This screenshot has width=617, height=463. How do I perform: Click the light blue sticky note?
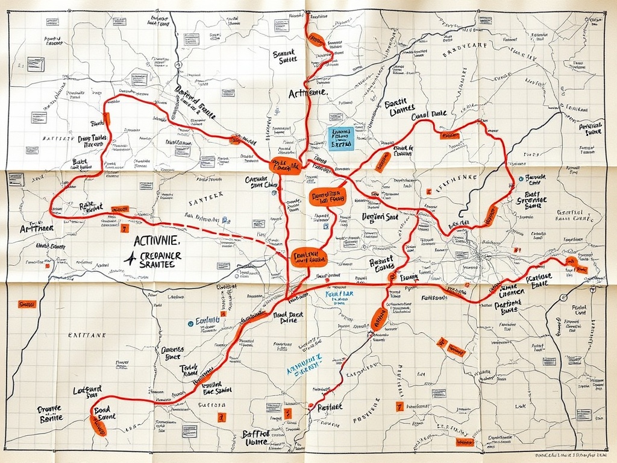[341, 138]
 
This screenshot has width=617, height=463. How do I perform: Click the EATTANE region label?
[87, 335]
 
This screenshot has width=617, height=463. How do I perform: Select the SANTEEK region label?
[205, 195]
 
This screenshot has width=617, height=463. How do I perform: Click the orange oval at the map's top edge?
[316, 40]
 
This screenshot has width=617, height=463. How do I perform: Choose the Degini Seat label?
[380, 216]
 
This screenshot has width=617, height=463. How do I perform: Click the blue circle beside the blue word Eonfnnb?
[190, 323]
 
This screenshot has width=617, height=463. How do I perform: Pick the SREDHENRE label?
[455, 178]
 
